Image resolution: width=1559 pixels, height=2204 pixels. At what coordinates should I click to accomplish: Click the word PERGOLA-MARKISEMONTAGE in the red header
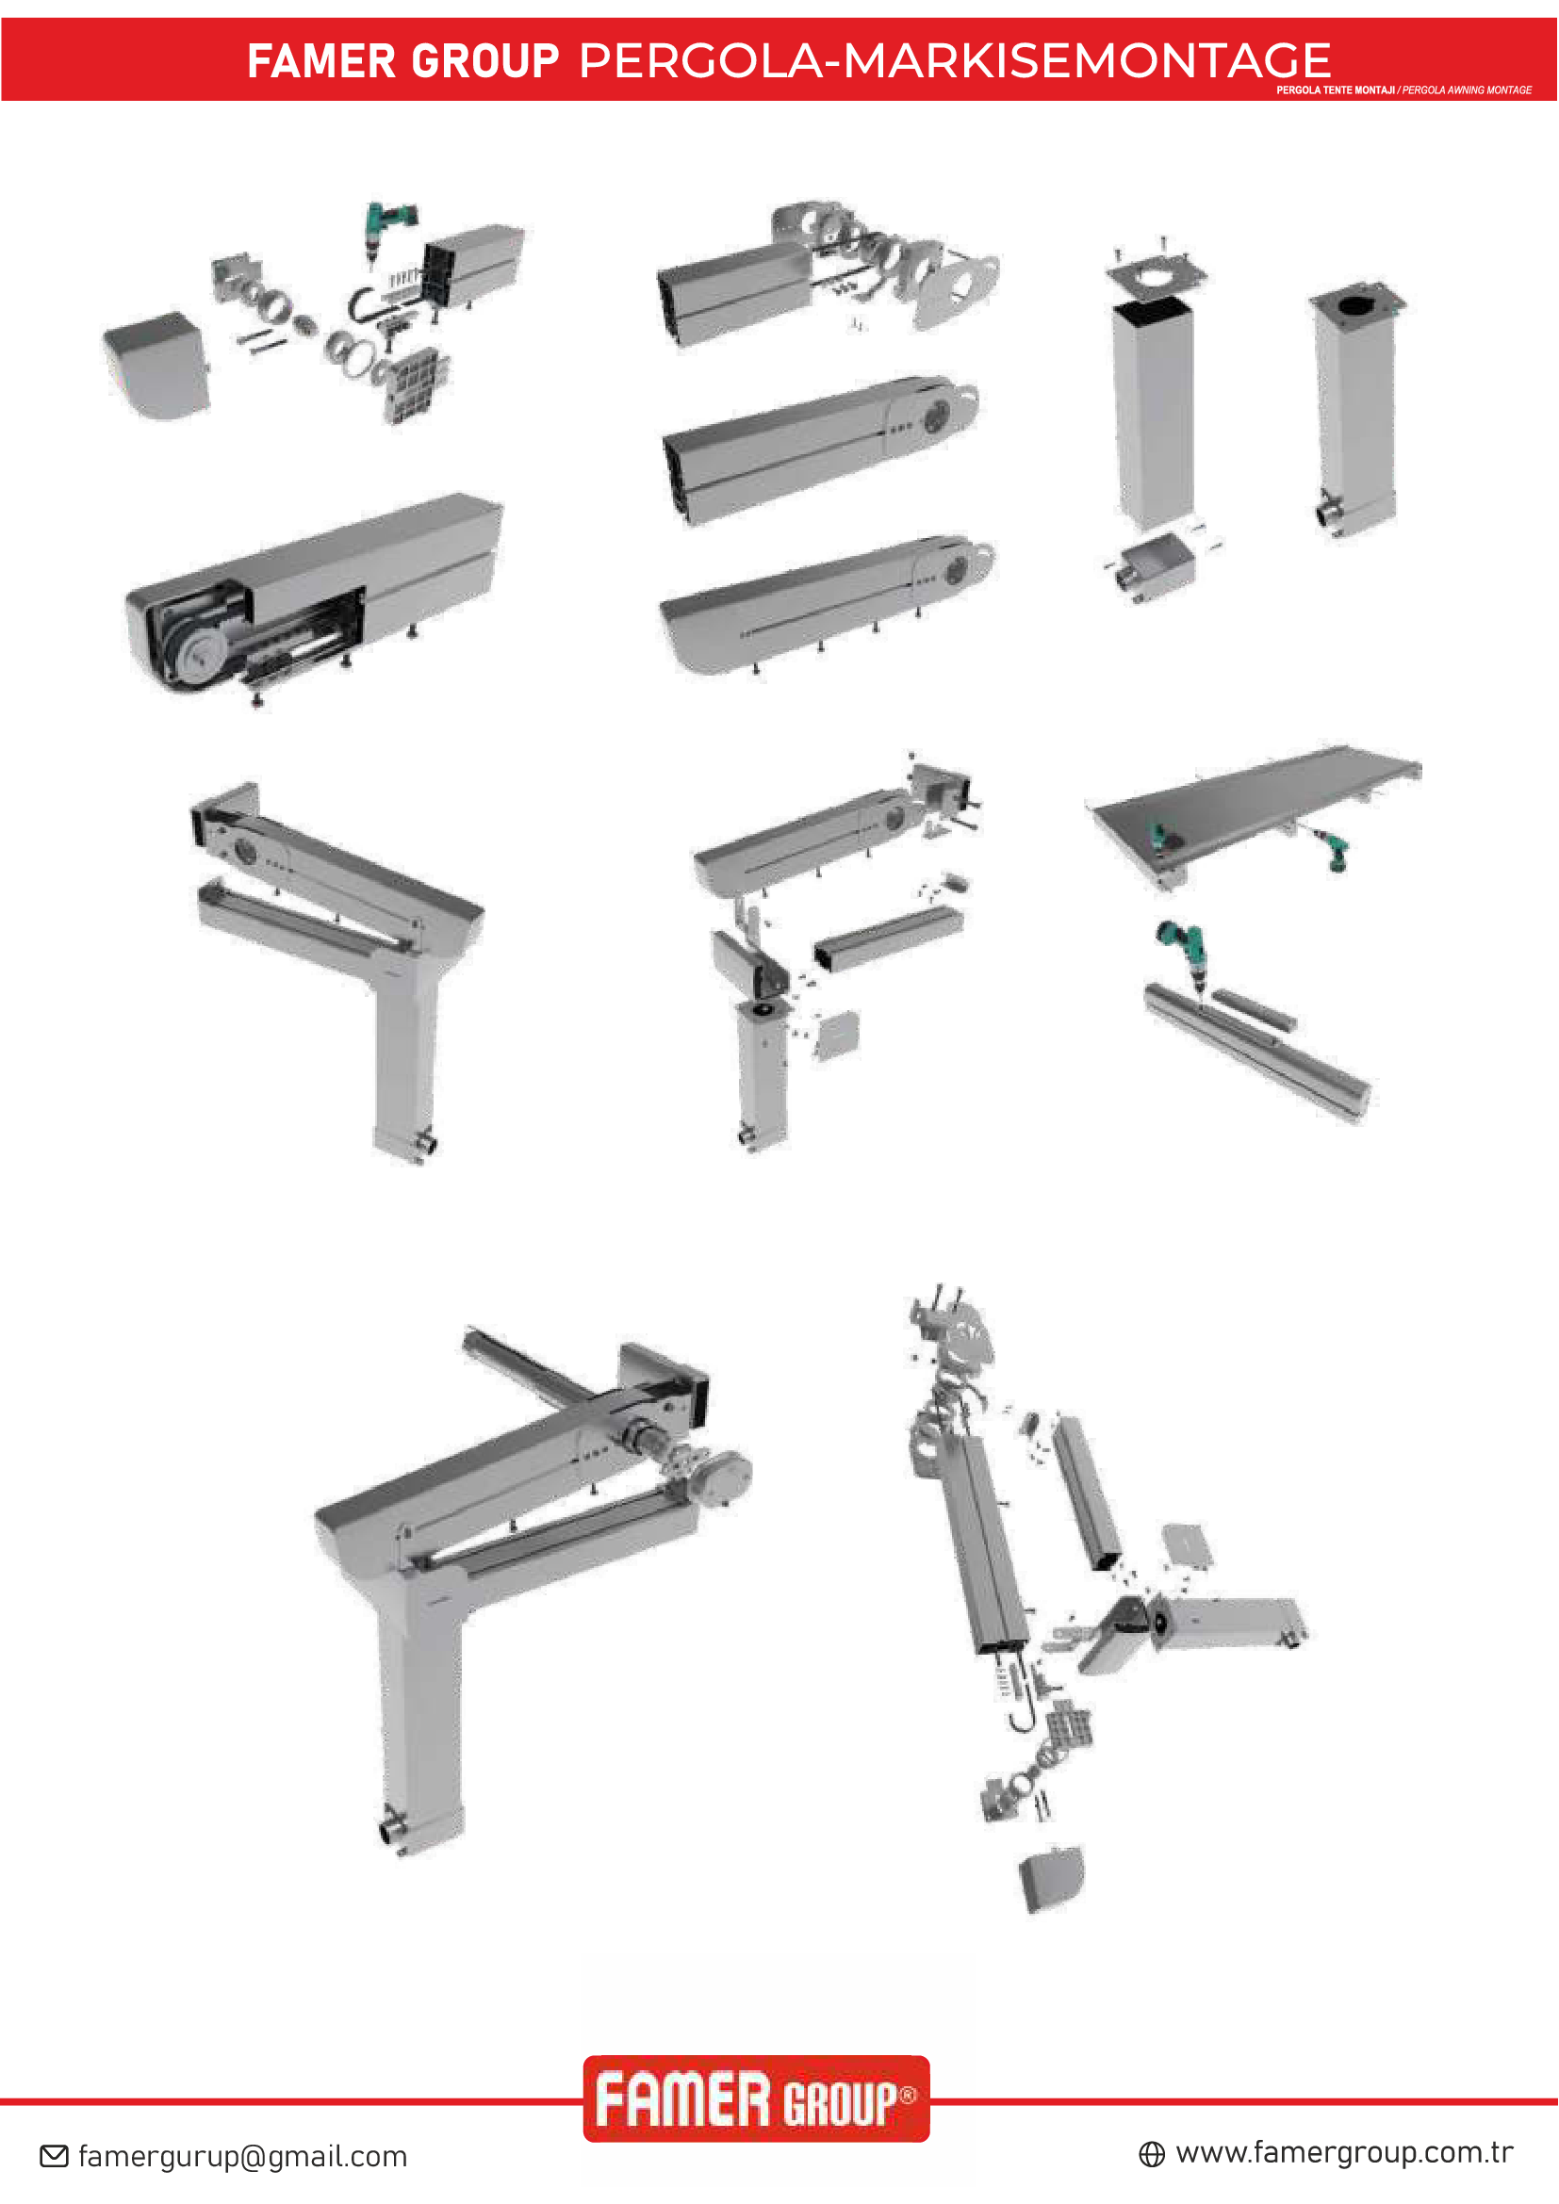[x=954, y=60]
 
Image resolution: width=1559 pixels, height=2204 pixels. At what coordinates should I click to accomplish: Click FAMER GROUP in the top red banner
[x=402, y=61]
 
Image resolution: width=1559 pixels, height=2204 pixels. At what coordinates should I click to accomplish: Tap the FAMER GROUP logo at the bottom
[x=756, y=2099]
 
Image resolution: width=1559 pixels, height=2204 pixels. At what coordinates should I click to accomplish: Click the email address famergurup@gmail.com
[x=242, y=2156]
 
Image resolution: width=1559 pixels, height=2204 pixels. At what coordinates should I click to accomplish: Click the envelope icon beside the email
[x=54, y=2156]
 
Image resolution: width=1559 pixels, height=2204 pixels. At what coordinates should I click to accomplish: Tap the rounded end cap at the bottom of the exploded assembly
[x=1051, y=1879]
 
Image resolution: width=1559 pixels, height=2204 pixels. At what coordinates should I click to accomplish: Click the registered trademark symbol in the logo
[x=907, y=2094]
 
